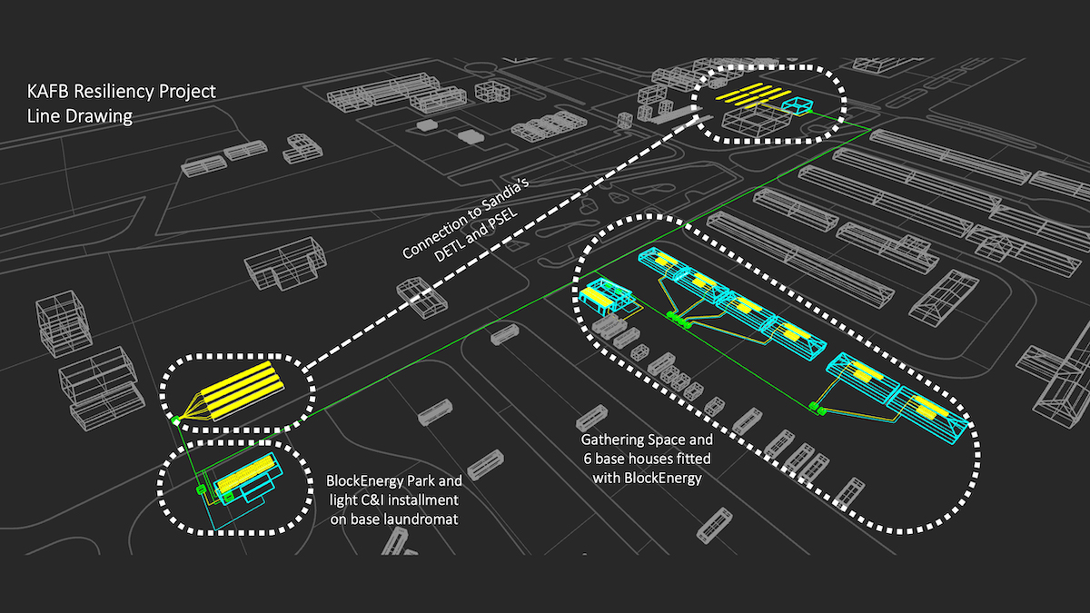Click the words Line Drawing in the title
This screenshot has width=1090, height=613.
[81, 116]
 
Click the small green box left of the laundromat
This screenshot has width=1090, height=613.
[202, 490]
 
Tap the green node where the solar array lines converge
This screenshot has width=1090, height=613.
[173, 420]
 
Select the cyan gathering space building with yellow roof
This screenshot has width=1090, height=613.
[607, 294]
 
